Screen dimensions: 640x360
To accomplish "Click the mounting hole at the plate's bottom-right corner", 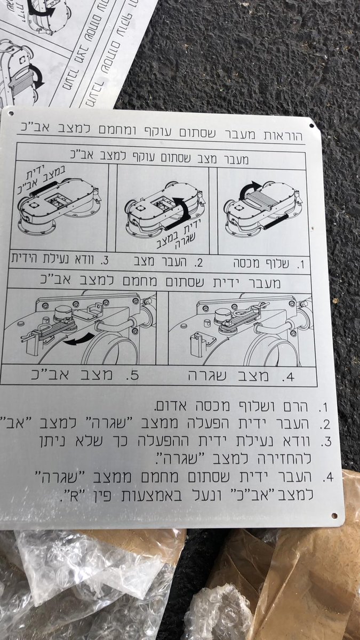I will coord(334,516).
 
